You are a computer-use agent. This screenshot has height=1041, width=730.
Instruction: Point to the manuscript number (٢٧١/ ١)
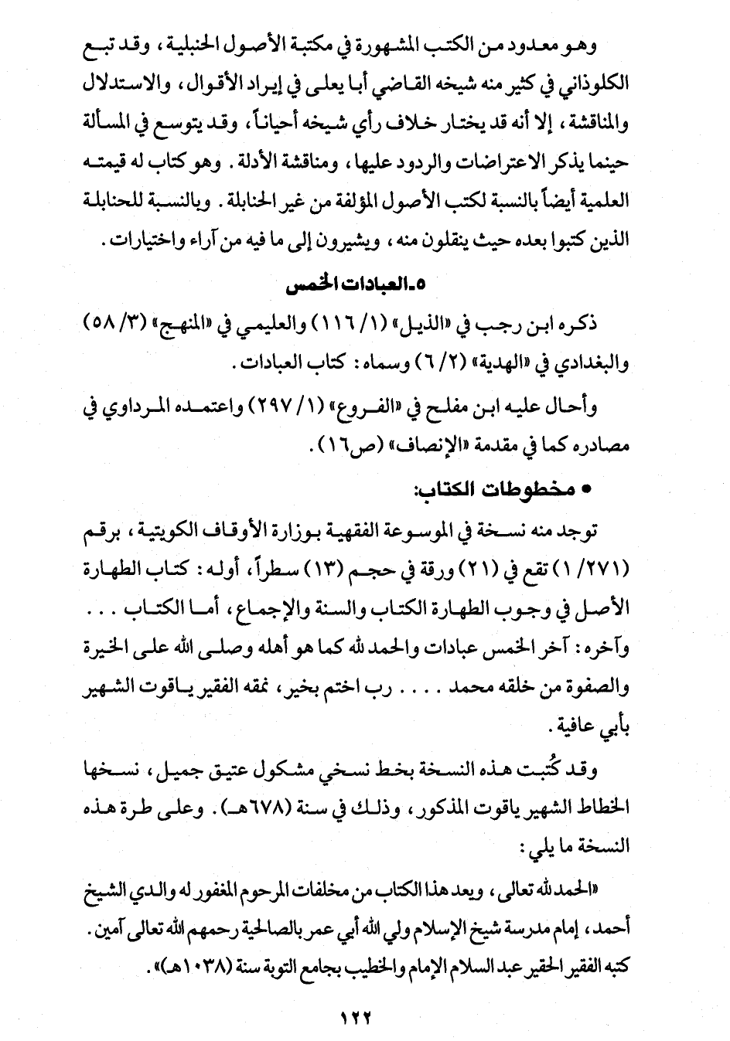(x=597, y=569)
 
